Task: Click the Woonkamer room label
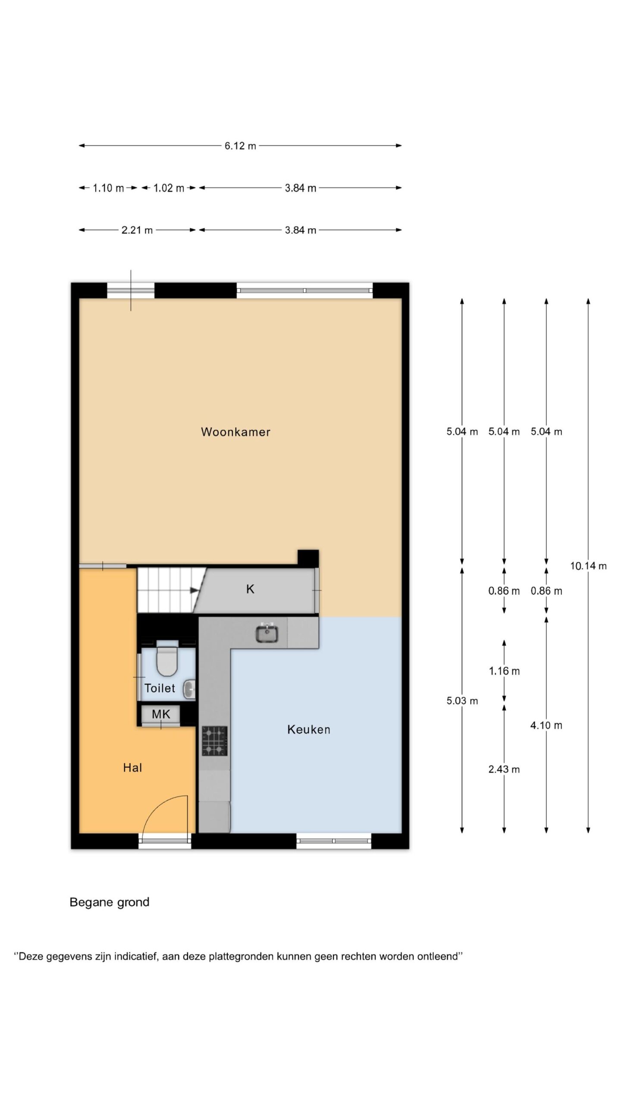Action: point(235,432)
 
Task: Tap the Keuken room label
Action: point(309,729)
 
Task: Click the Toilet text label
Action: point(160,688)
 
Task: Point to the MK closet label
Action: point(161,714)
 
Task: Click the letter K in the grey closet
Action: point(250,589)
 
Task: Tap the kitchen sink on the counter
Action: point(267,633)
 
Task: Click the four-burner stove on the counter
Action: point(215,741)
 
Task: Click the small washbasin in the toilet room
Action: point(190,689)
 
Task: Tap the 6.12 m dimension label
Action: point(240,146)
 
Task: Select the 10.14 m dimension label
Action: point(588,566)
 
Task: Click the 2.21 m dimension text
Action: point(137,230)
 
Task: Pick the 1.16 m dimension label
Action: point(504,671)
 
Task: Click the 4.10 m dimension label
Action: point(546,725)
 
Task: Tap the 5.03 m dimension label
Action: point(462,701)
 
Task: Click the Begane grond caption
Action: point(110,902)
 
